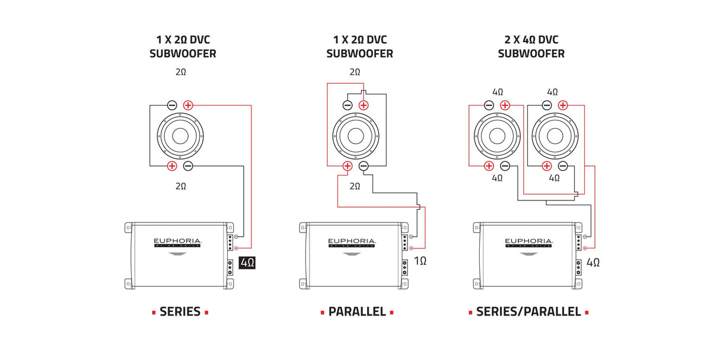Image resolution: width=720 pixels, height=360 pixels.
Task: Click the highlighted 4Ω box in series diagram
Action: point(247,262)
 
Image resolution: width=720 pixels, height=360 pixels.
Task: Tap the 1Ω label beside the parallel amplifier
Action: point(420,261)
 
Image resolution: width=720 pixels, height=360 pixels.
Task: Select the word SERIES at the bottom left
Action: point(180,312)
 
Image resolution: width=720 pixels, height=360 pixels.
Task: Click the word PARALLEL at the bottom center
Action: point(357,312)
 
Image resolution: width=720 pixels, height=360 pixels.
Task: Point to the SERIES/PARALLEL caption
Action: point(528,312)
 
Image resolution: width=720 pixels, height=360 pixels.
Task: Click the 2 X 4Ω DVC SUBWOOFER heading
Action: point(531,47)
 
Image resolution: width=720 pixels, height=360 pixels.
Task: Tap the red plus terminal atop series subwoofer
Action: point(188,106)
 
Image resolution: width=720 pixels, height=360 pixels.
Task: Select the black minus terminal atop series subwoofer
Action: point(172,106)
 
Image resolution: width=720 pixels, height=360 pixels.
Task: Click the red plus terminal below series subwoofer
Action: point(172,166)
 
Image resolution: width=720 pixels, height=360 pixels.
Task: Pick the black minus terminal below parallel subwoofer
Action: point(364,166)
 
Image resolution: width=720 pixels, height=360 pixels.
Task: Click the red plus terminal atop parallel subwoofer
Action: point(364,106)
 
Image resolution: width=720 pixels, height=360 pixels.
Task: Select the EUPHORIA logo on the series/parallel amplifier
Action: point(528,242)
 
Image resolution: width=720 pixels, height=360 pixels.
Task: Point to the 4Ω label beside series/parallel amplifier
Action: point(593,262)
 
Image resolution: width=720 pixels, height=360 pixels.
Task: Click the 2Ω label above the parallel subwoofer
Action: point(355,72)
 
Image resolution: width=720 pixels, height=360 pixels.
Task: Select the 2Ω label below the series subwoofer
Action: point(181,186)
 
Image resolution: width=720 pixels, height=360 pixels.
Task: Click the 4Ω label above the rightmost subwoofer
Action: point(552,93)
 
